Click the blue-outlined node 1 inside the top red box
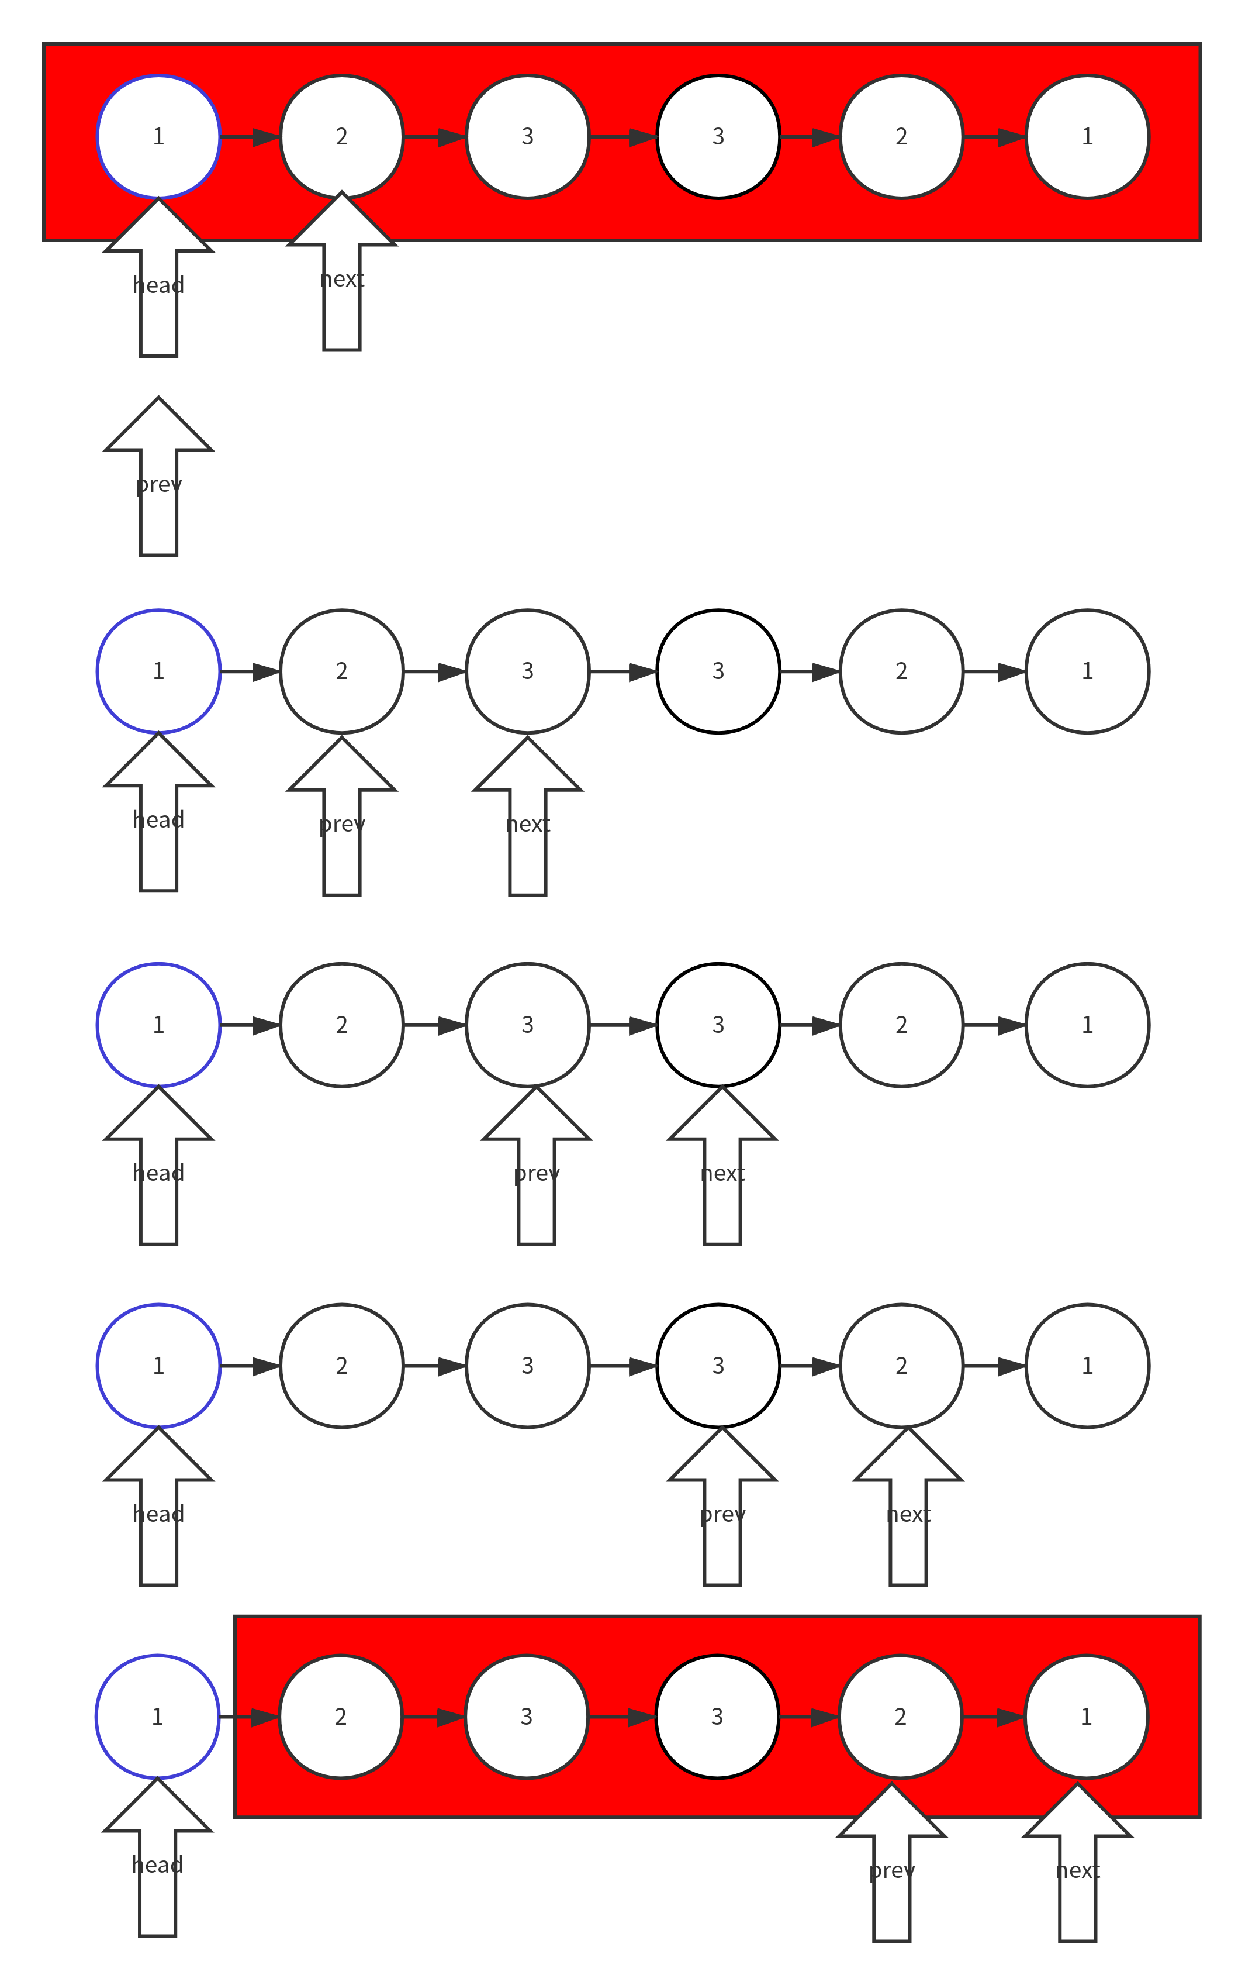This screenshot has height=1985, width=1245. (x=159, y=137)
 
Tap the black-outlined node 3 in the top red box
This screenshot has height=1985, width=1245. (x=718, y=137)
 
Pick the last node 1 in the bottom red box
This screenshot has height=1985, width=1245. (x=1086, y=1717)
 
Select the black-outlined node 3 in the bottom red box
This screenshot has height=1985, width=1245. (x=717, y=1717)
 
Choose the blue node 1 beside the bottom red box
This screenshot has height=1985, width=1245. (x=157, y=1717)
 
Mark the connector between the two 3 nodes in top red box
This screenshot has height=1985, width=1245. (x=622, y=137)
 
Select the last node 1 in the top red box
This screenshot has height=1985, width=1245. (x=1087, y=137)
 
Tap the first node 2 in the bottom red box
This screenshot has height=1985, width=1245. (x=340, y=1717)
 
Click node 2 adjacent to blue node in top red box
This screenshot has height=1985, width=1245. (x=342, y=137)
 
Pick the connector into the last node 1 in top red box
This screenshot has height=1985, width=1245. (x=994, y=137)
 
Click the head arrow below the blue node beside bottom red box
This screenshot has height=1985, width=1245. (x=157, y=1863)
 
